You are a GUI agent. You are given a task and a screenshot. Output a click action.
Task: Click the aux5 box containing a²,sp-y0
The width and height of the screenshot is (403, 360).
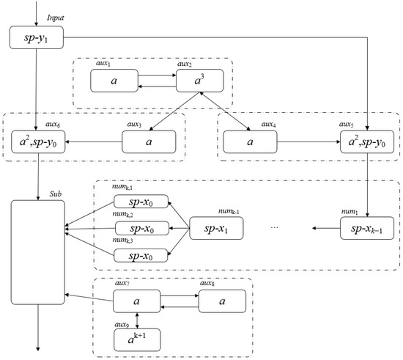coord(366,141)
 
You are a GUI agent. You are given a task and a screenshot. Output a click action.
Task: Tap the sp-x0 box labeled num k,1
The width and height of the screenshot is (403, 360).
coord(139,202)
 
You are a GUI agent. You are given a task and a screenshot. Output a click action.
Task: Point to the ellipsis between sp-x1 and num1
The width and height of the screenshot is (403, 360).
coord(275,228)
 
